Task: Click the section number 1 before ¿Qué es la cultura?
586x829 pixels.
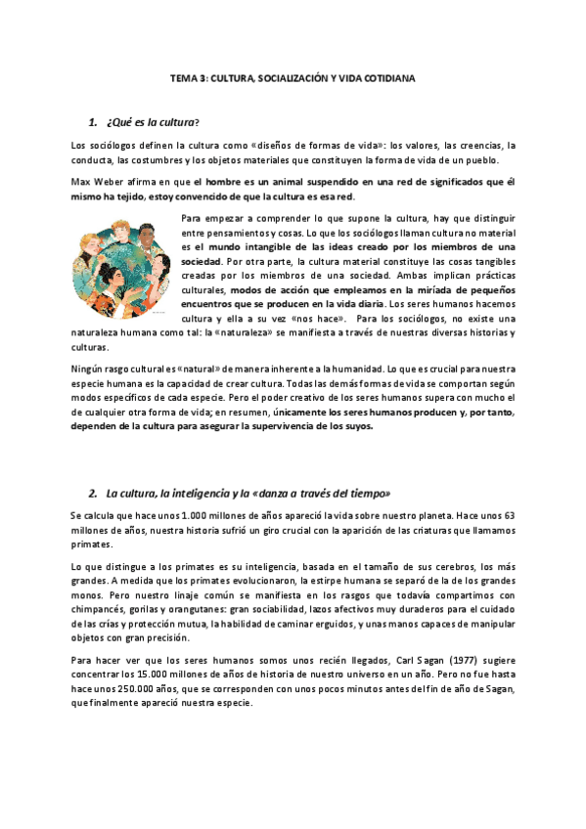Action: (x=91, y=121)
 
